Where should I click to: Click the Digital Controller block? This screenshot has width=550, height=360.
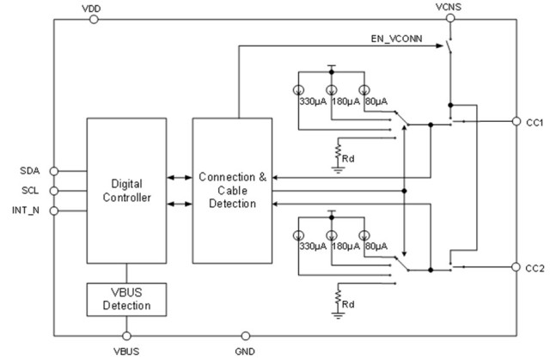127,191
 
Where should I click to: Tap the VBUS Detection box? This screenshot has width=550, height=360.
127,298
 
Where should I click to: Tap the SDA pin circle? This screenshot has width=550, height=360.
53,171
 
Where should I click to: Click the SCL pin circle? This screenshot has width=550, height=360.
53,191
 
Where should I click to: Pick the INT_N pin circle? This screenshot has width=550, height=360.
53,211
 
